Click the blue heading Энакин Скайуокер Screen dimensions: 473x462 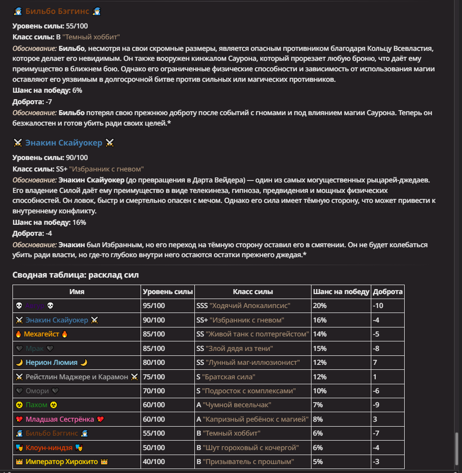(x=64, y=143)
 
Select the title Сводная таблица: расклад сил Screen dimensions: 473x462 (x=76, y=275)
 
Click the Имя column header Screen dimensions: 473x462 (x=77, y=292)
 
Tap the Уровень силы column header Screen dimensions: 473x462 (x=167, y=292)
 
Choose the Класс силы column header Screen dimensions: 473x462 (x=253, y=292)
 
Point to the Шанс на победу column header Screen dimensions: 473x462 (x=341, y=292)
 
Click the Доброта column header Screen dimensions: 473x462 (x=388, y=292)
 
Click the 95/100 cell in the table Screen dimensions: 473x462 (x=154, y=306)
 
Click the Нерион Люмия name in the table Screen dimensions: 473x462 (x=52, y=362)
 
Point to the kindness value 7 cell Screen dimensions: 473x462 (x=375, y=362)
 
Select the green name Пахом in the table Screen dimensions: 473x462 (x=37, y=405)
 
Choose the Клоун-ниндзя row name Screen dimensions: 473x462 (x=49, y=448)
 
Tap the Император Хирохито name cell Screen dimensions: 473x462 (x=62, y=462)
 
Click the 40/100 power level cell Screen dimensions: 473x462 (x=154, y=462)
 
